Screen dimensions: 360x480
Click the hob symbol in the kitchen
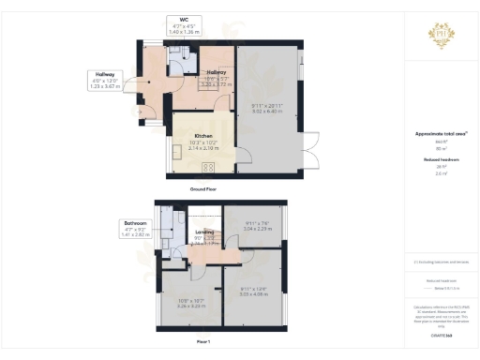click(x=208, y=167)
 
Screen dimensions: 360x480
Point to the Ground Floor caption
click(x=204, y=188)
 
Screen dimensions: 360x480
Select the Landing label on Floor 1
click(x=205, y=232)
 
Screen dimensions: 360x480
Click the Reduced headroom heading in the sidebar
click(x=433, y=160)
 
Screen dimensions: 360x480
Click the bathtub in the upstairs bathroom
click(x=165, y=225)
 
